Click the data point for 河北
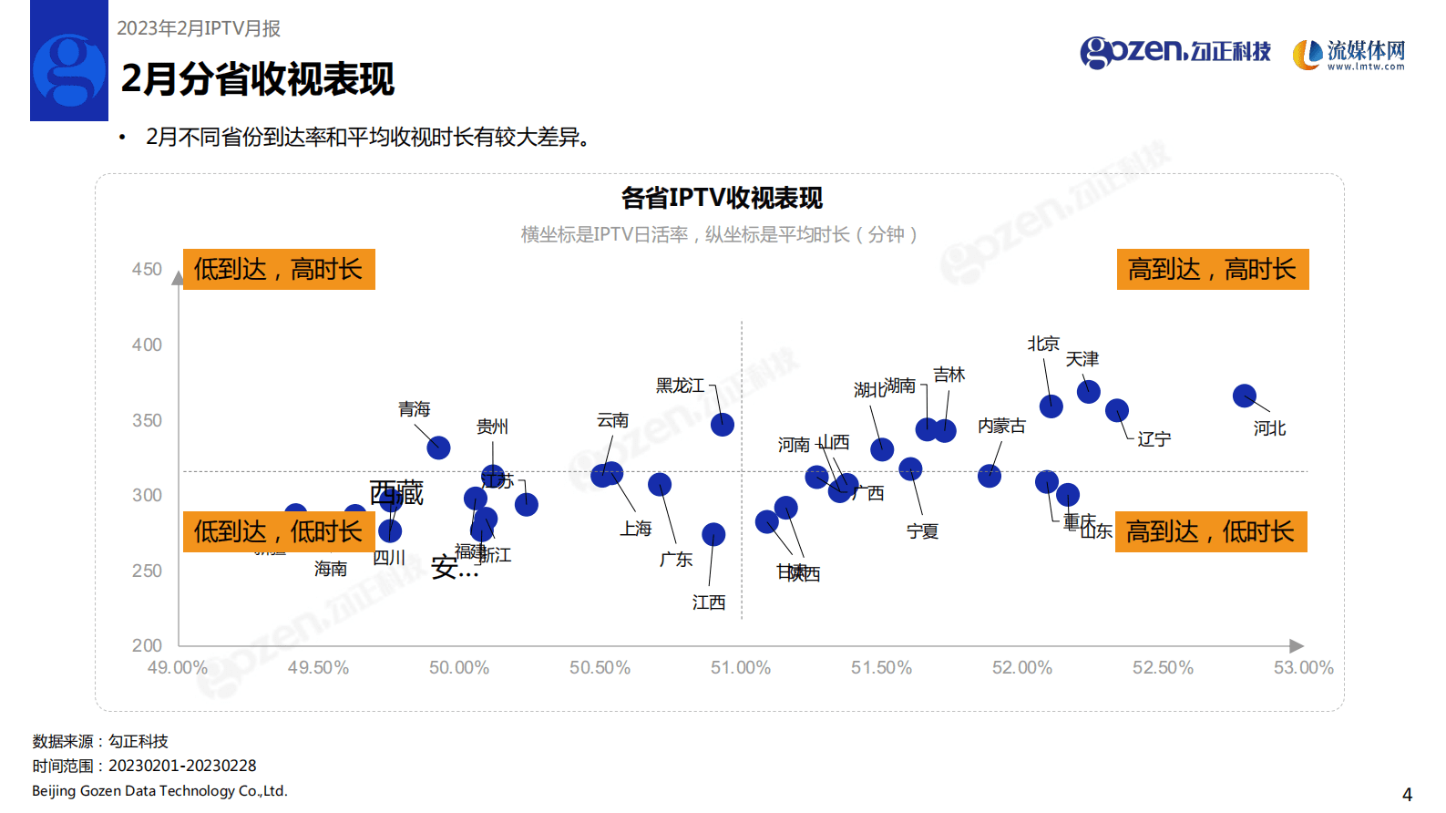click(x=1244, y=396)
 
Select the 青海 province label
click(x=414, y=409)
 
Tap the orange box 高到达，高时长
click(x=1212, y=269)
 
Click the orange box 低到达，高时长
click(x=279, y=269)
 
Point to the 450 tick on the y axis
click(x=147, y=270)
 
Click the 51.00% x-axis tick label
click(x=740, y=668)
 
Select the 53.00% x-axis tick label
click(x=1303, y=668)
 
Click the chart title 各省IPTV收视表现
click(x=722, y=198)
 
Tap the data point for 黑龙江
click(x=722, y=424)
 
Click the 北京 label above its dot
click(x=1043, y=344)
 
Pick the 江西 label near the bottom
click(x=709, y=602)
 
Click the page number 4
click(x=1407, y=795)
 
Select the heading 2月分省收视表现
click(x=258, y=79)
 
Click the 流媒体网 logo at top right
click(x=1349, y=55)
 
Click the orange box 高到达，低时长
click(x=1210, y=531)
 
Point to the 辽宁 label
click(x=1154, y=439)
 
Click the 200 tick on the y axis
click(x=147, y=645)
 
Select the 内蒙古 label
click(x=1001, y=426)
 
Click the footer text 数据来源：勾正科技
click(x=100, y=742)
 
